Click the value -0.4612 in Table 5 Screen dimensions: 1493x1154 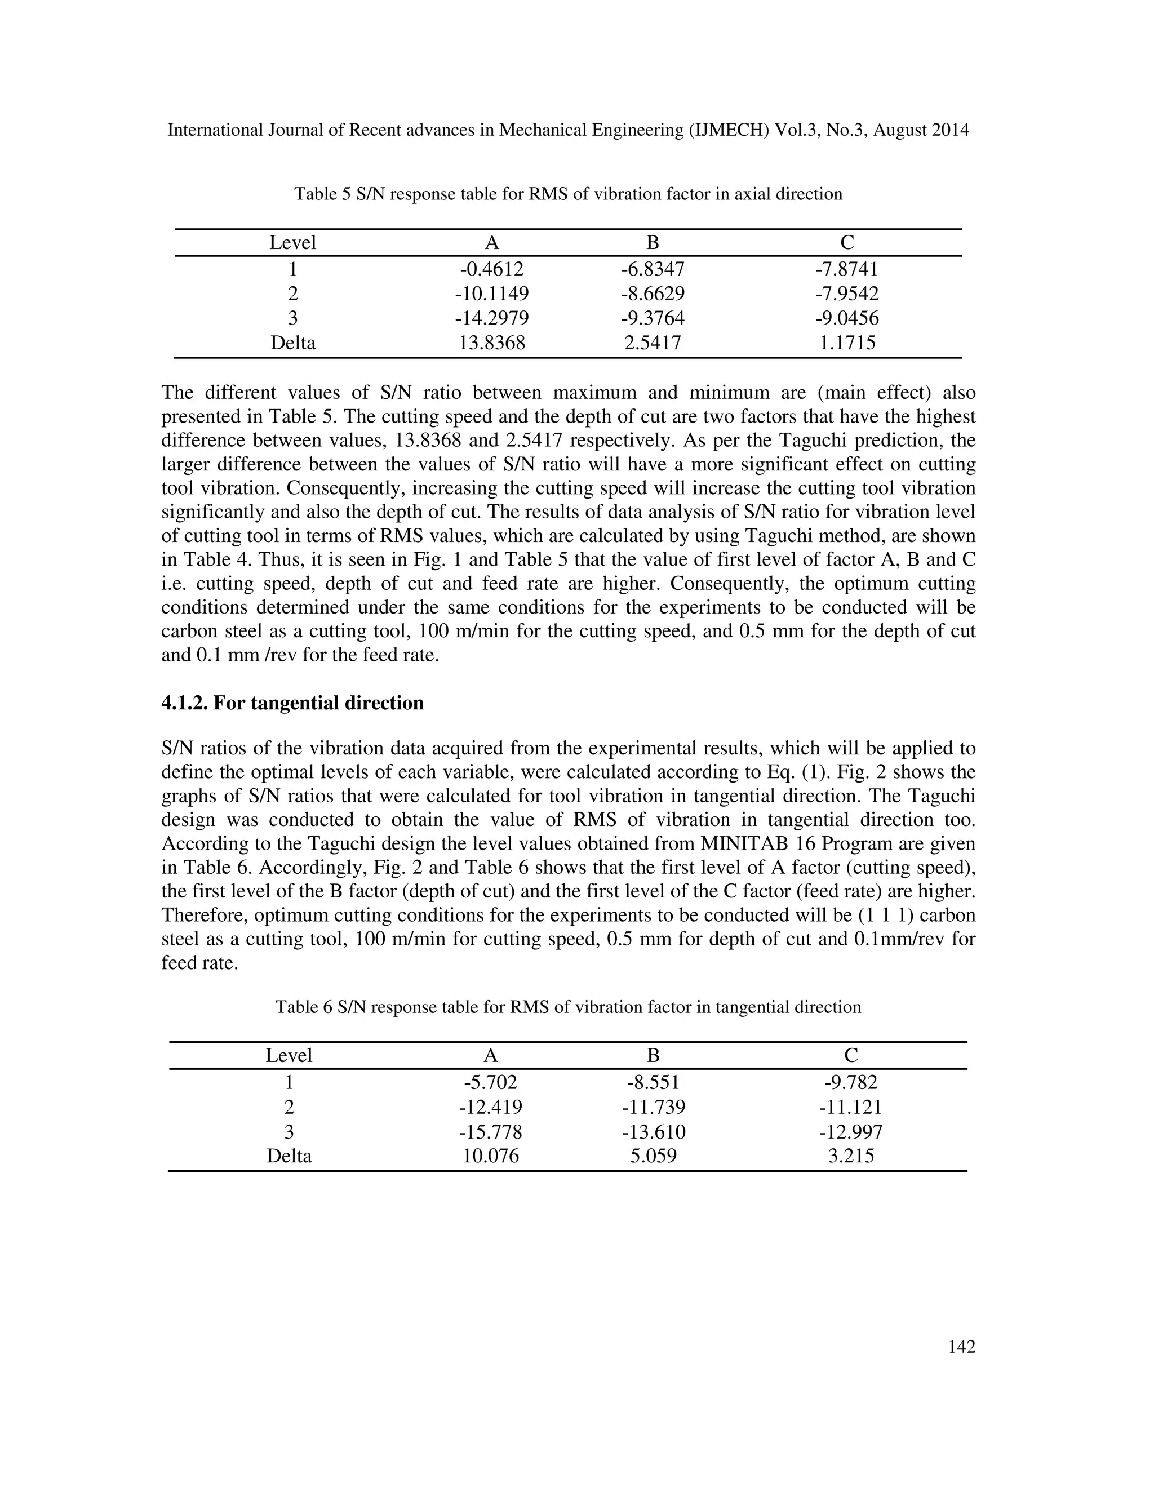(x=491, y=269)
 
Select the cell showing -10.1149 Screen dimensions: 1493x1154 (x=491, y=294)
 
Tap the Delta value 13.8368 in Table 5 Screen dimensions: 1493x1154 (x=491, y=343)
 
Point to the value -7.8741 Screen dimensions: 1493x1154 (x=846, y=269)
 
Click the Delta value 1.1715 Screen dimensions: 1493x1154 (x=847, y=343)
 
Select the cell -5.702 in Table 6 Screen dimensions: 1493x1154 (x=490, y=1082)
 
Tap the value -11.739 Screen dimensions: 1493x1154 (x=653, y=1107)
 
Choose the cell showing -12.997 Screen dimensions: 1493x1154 (x=850, y=1131)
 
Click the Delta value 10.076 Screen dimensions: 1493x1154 (x=490, y=1156)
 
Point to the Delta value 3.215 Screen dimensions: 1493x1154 (x=850, y=1156)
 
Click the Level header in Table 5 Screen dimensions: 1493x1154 (x=292, y=243)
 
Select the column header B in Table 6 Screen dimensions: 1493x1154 (x=653, y=1055)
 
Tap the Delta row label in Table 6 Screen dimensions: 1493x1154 (x=288, y=1156)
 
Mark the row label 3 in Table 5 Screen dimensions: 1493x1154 (x=292, y=318)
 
